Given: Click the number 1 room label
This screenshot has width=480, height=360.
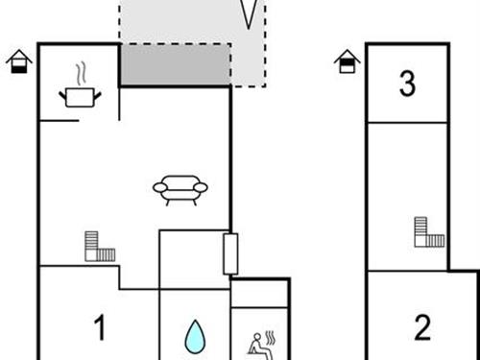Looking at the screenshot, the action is (99, 328).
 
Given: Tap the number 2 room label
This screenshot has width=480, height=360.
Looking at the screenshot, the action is (422, 328).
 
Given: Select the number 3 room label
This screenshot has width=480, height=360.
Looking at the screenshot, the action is (407, 84).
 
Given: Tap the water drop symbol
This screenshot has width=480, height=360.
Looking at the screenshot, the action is (195, 336).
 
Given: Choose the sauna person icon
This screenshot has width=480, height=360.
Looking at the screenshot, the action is (259, 342).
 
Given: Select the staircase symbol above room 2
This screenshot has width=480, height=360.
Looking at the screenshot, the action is (429, 233).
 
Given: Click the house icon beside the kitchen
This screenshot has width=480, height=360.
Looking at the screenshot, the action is (17, 62).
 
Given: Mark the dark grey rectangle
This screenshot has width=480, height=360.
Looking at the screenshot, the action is (175, 65).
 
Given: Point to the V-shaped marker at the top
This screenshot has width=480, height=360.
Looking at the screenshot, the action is (250, 13).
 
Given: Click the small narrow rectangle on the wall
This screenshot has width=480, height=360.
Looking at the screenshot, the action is (229, 252).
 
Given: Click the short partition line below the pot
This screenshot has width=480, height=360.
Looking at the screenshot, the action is (59, 121).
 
